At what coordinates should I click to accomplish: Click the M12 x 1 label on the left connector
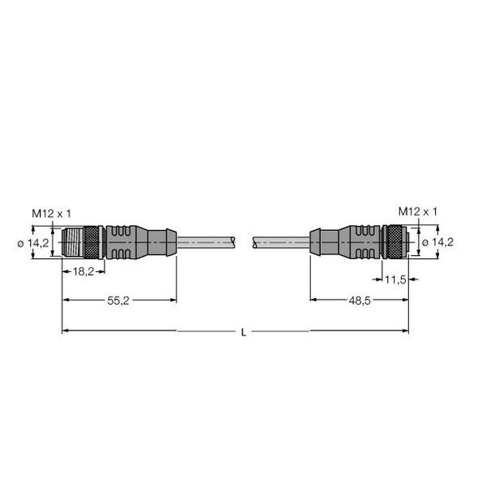(x=52, y=212)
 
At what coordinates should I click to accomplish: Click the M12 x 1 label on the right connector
(x=418, y=211)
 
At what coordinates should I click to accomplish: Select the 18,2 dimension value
(x=83, y=273)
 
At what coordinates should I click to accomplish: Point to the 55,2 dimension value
(x=120, y=300)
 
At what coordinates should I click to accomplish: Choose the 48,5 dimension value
(x=360, y=300)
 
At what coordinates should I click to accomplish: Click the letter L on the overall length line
(x=243, y=331)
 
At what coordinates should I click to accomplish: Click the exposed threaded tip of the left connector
(x=73, y=241)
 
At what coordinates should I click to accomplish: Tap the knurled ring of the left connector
(x=93, y=241)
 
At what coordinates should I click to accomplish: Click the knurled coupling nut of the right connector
(x=394, y=241)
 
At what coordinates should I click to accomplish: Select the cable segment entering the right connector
(x=280, y=241)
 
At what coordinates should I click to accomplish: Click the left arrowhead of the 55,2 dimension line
(x=66, y=300)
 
